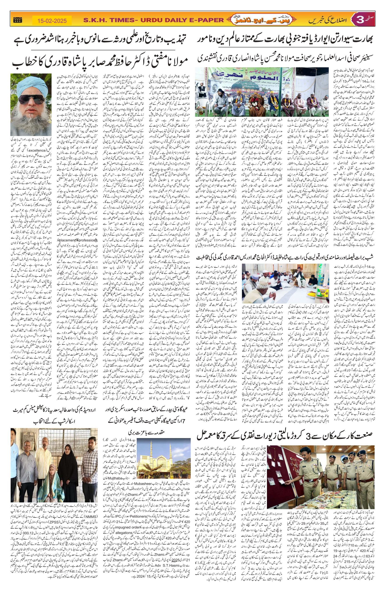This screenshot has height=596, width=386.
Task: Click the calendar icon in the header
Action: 17,20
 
